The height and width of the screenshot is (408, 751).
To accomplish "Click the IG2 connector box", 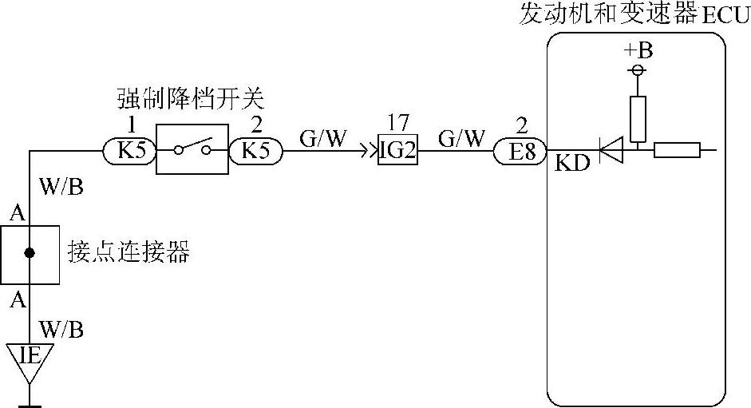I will click(397, 150).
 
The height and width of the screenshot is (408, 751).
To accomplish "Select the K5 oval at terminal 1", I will click(130, 150).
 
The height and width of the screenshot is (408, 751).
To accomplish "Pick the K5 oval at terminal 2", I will click(256, 150).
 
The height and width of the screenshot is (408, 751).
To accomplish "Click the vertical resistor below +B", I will click(637, 118).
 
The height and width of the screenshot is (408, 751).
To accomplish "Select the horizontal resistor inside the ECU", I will click(677, 149).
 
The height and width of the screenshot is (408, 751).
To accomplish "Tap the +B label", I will click(638, 51).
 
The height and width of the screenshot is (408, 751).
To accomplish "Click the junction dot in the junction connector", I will click(30, 253).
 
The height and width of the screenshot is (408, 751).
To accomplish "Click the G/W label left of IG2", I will click(323, 138).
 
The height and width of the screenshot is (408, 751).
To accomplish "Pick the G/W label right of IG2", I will click(460, 138).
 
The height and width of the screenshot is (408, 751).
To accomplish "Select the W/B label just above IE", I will click(61, 329).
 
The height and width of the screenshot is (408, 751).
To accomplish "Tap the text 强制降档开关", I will click(190, 101).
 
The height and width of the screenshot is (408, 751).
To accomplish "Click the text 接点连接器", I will click(128, 254).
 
